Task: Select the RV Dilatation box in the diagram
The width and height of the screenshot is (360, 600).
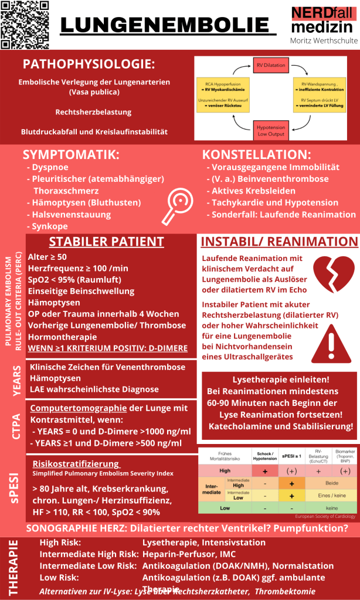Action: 270,65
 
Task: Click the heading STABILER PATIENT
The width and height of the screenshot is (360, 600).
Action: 106,242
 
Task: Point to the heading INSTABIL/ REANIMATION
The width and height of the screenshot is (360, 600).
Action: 279,242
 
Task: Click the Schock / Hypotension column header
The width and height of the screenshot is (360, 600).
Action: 264,456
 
